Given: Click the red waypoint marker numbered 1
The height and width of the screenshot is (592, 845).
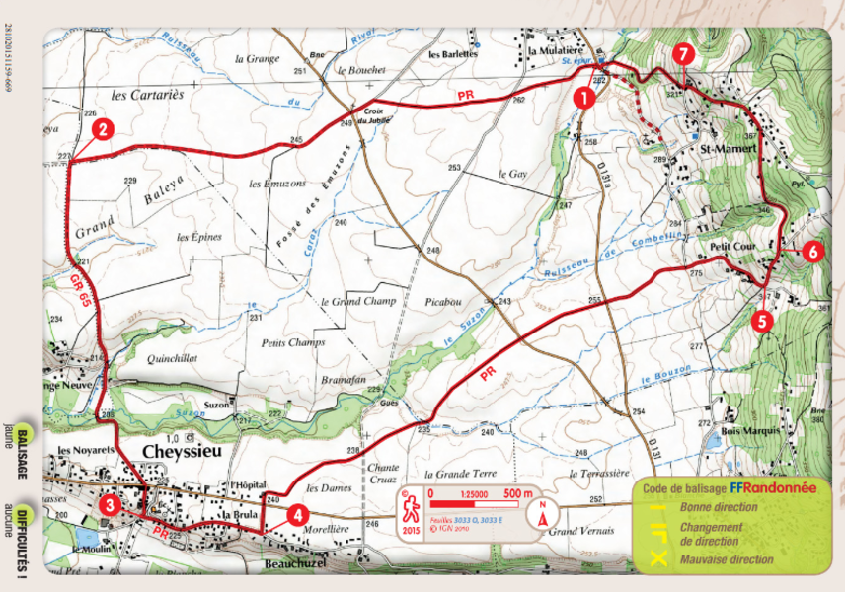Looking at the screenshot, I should tap(584, 97).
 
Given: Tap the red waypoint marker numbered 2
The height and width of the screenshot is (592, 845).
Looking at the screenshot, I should tap(102, 128).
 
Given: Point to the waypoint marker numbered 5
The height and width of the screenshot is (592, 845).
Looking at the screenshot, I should tap(759, 320).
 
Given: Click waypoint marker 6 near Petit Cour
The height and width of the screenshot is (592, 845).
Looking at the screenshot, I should tap(811, 251).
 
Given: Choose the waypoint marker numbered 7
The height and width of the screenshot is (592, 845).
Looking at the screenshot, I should tap(683, 53).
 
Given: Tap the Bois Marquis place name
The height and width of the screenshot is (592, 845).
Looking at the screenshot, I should tap(751, 431).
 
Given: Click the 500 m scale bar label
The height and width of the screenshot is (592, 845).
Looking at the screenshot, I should tap(519, 493).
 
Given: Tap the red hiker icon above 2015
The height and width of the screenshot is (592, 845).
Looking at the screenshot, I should tap(410, 508).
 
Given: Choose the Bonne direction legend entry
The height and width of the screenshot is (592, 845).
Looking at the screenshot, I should tap(718, 507).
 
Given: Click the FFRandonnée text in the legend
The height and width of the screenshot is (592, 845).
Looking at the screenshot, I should tap(773, 488).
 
